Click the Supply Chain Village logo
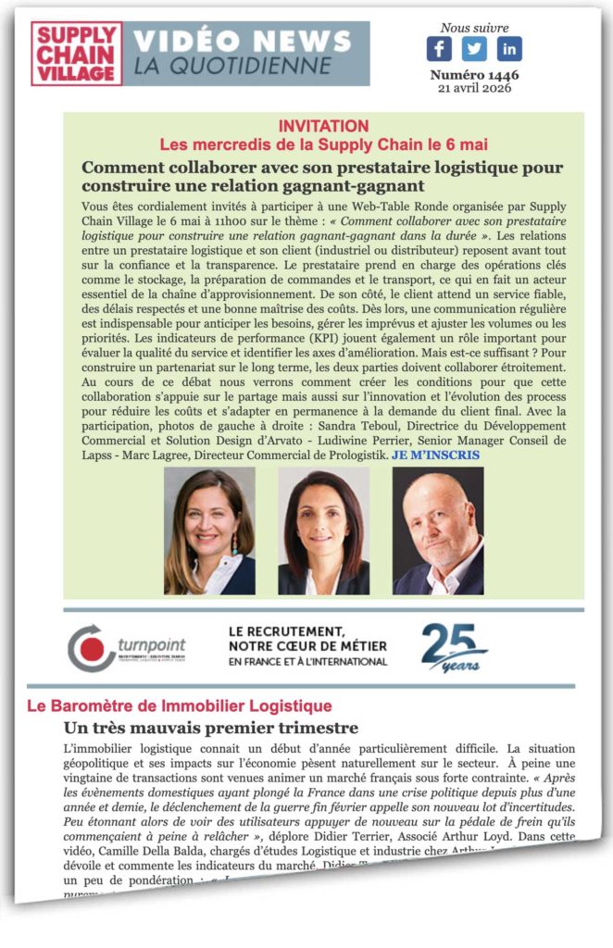(x=77, y=54)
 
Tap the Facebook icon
(x=439, y=48)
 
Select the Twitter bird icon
(x=474, y=48)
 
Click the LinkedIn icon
(x=509, y=48)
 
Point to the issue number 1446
(x=474, y=75)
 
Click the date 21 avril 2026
(x=474, y=88)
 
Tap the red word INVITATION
(x=323, y=126)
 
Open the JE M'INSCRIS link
(x=435, y=455)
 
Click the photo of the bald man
(x=438, y=530)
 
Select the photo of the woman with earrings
(x=209, y=530)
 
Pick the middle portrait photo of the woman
(x=323, y=530)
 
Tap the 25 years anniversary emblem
(x=454, y=647)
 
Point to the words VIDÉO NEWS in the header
(x=243, y=41)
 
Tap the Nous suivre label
(x=474, y=28)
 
